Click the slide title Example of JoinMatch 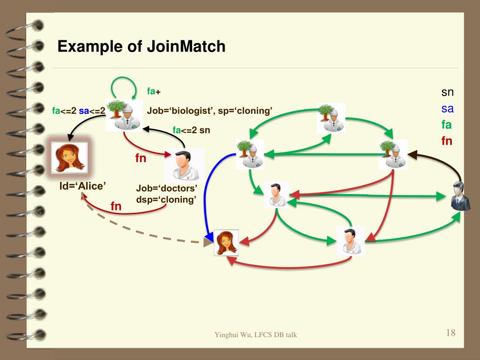tap(142, 47)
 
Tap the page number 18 tap(450, 333)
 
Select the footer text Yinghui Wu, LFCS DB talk tap(255, 335)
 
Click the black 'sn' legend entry tap(447, 92)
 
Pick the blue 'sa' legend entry tap(447, 109)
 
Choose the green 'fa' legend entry tap(447, 125)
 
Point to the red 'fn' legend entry tap(447, 141)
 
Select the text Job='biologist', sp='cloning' tap(210, 111)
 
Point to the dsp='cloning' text tap(166, 199)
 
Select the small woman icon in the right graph tap(226, 242)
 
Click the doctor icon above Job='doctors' tap(184, 164)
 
